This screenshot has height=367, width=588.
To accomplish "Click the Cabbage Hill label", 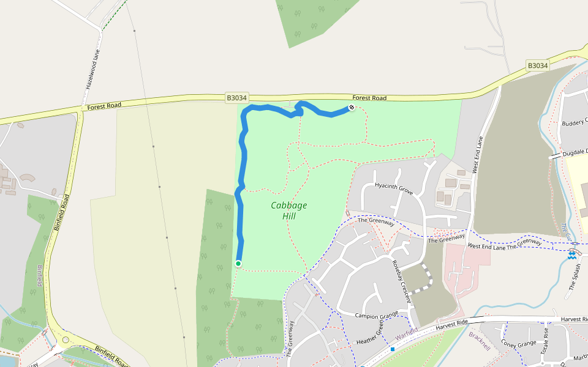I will (x=289, y=210).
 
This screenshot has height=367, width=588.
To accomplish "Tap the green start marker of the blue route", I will (x=238, y=264).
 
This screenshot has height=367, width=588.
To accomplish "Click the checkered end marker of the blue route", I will (x=352, y=108).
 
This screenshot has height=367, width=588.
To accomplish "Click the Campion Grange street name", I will (x=377, y=316).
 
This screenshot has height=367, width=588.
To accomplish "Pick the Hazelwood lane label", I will (x=92, y=70).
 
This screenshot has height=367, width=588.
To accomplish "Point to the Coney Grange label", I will (x=518, y=344).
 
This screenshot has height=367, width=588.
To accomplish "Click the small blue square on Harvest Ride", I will (x=392, y=349).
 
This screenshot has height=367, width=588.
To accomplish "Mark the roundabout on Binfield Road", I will (x=66, y=339).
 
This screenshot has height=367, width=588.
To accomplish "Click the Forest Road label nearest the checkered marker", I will (x=369, y=98).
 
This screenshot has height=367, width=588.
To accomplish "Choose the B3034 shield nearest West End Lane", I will (x=537, y=65).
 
